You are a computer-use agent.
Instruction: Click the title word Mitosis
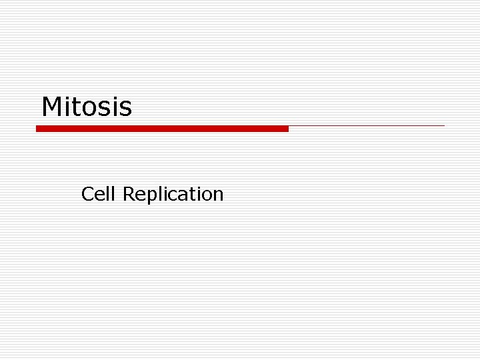[x=87, y=107]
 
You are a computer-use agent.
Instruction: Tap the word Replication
[x=173, y=195]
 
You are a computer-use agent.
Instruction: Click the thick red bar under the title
[x=162, y=129]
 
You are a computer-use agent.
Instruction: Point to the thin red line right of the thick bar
[x=367, y=125]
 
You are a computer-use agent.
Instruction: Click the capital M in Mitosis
[x=52, y=107]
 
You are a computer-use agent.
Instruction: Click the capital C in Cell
[x=87, y=194]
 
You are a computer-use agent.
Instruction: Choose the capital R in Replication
[x=129, y=194]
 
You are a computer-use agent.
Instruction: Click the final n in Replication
[x=218, y=195]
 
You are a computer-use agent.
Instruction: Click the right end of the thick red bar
[x=287, y=129]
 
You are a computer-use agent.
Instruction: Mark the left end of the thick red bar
[x=38, y=129]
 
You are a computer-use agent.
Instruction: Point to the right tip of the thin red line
[x=443, y=125]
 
